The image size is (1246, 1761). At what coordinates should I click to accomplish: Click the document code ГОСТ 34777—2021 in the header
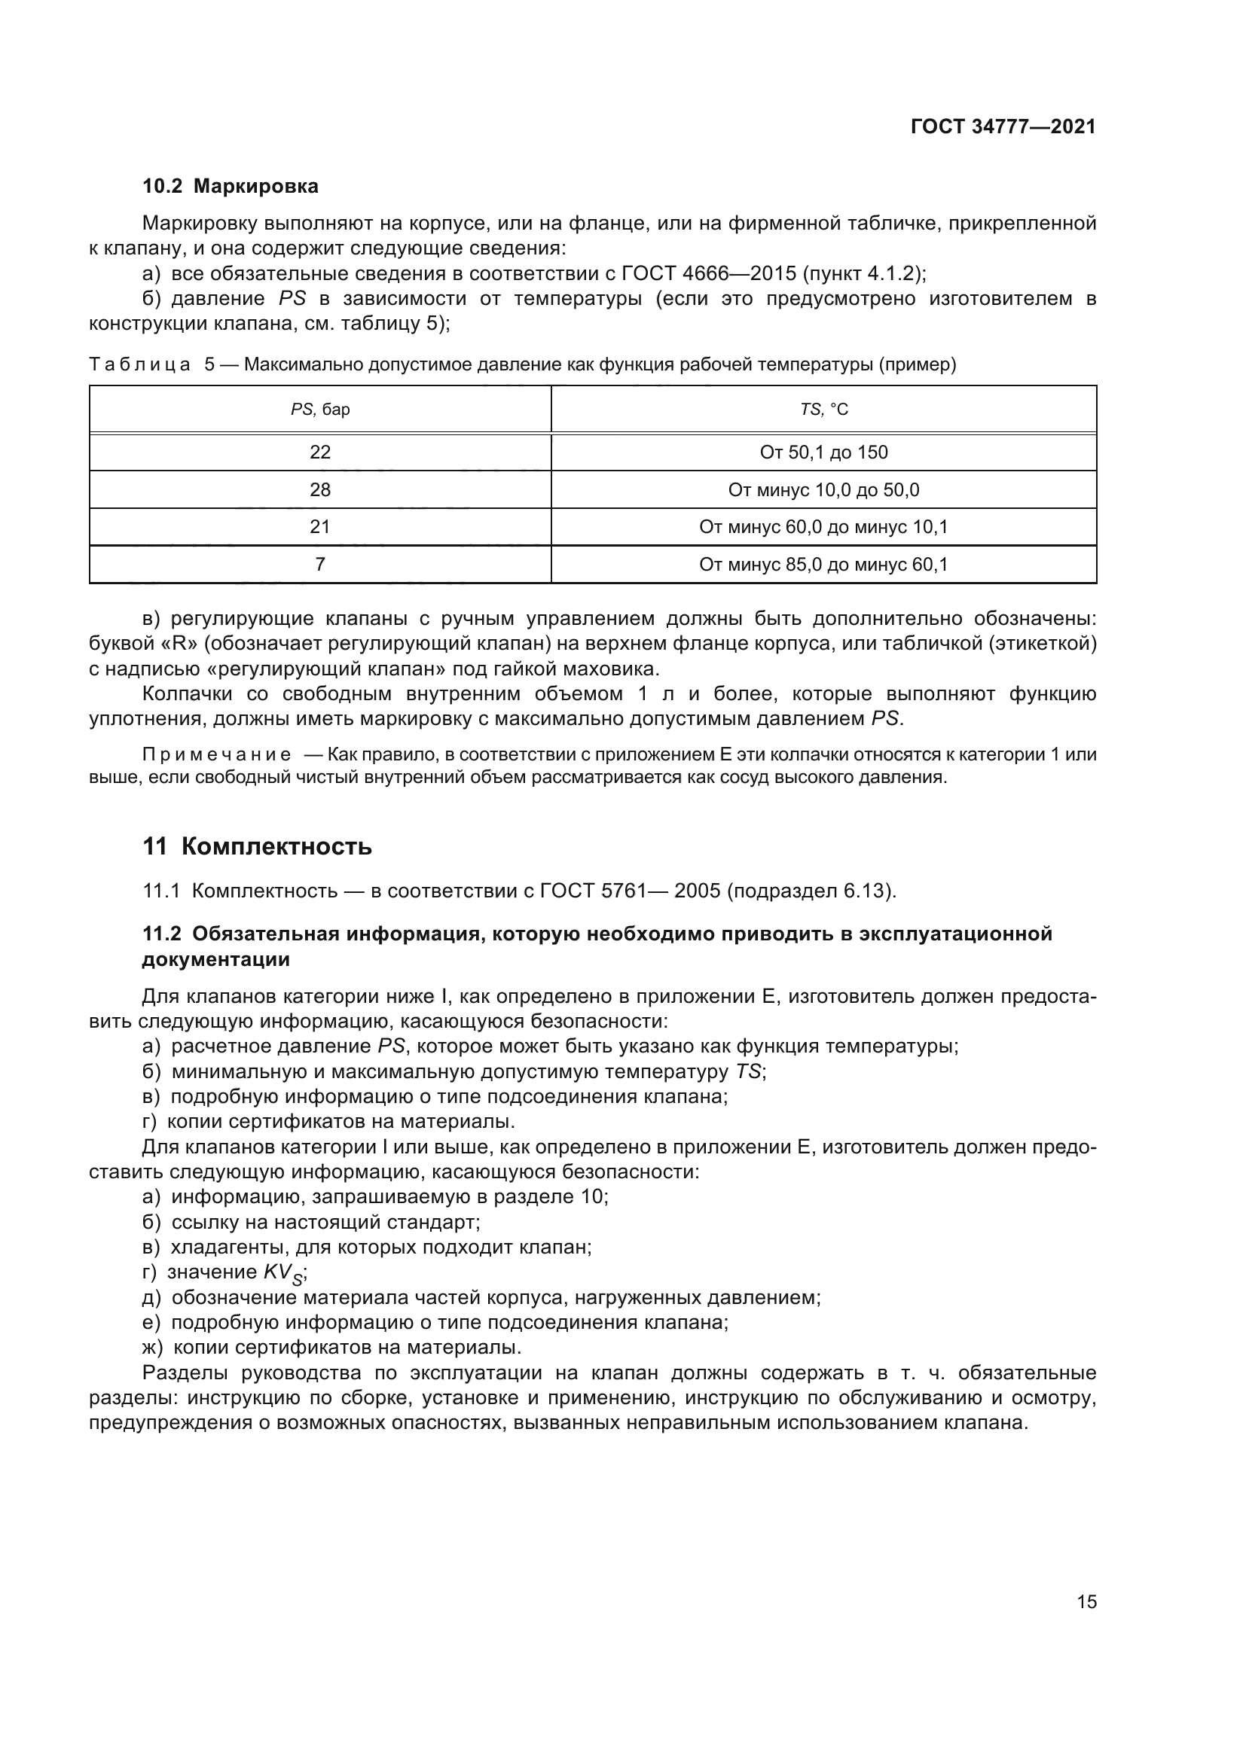[x=1003, y=126]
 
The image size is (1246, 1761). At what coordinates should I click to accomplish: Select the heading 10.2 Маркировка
[x=231, y=187]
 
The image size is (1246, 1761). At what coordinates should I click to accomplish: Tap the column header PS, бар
[x=320, y=410]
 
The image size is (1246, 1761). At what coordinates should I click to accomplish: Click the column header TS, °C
[x=824, y=410]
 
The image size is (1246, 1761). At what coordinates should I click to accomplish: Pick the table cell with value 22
[x=320, y=452]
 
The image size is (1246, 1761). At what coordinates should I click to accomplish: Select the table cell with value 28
[x=320, y=490]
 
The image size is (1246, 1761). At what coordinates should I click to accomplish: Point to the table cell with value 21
[x=320, y=527]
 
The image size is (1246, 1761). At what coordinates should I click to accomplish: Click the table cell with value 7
[x=320, y=565]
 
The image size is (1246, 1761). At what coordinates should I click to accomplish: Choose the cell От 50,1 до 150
[x=824, y=452]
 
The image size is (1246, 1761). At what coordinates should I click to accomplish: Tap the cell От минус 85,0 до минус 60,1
[x=824, y=565]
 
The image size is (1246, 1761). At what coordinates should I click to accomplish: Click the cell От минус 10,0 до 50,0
[x=824, y=490]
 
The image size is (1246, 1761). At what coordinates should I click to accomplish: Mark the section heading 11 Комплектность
[x=257, y=847]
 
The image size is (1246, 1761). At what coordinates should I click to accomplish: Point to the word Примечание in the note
[x=216, y=754]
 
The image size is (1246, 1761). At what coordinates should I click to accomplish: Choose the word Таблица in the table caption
[x=139, y=365]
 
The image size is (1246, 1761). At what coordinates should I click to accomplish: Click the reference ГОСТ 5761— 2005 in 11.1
[x=630, y=891]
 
